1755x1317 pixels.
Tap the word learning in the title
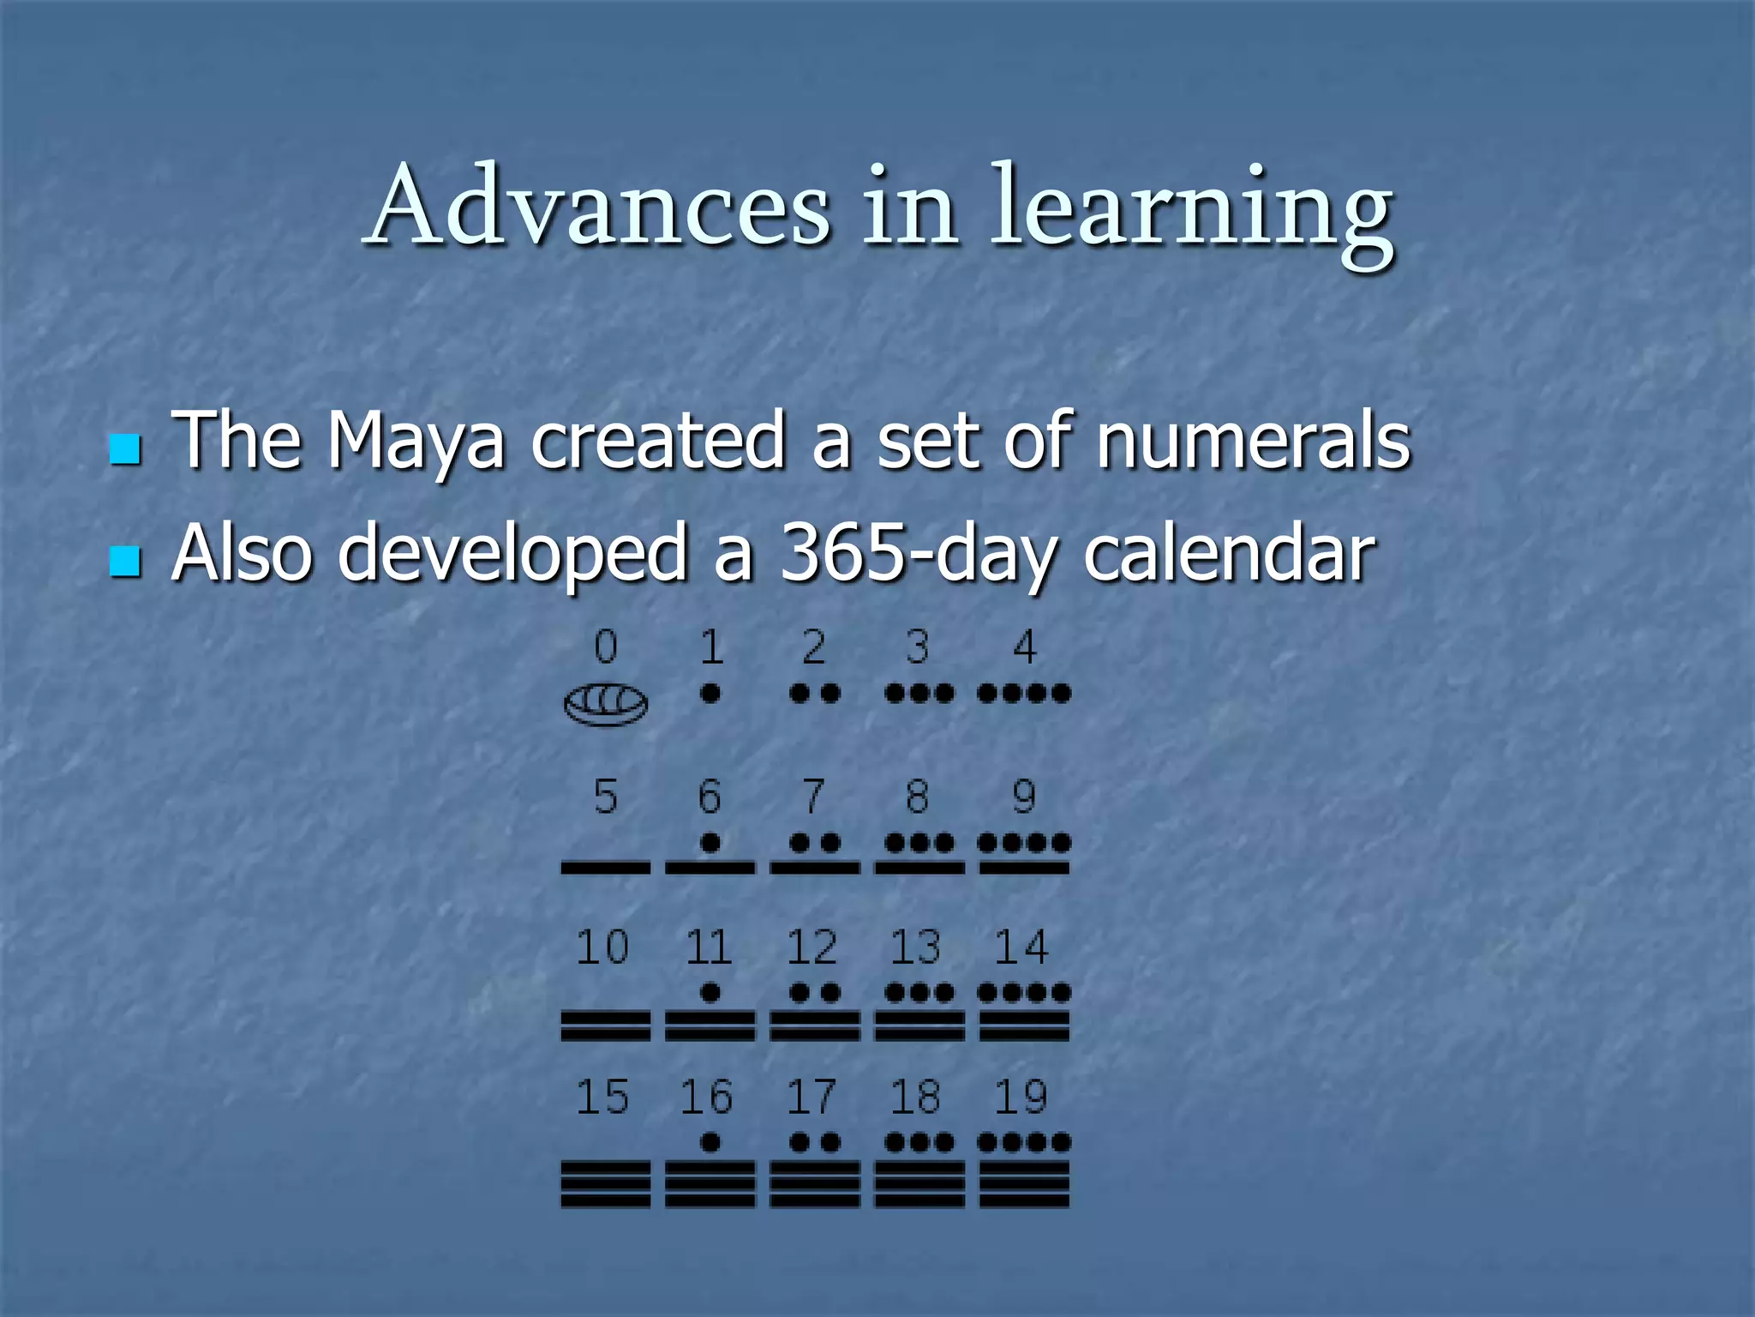(1191, 210)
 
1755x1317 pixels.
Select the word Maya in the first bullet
(416, 442)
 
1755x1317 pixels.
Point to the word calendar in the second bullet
(1229, 554)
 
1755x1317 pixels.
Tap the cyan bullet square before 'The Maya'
(125, 448)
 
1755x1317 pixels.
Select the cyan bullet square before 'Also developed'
(125, 562)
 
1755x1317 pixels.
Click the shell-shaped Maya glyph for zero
(606, 704)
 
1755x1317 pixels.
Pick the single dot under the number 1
(710, 693)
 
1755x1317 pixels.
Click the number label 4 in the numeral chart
(1024, 646)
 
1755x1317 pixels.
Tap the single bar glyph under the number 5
(606, 868)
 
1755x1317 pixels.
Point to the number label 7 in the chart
(813, 797)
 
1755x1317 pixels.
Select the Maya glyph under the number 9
(1024, 856)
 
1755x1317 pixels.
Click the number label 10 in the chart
(602, 947)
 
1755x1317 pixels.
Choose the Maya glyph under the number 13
(919, 1012)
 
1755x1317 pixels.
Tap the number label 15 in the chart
(602, 1097)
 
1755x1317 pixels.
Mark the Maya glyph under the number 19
(1024, 1170)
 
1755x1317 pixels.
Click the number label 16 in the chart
(707, 1097)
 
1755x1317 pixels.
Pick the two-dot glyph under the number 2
(814, 693)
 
